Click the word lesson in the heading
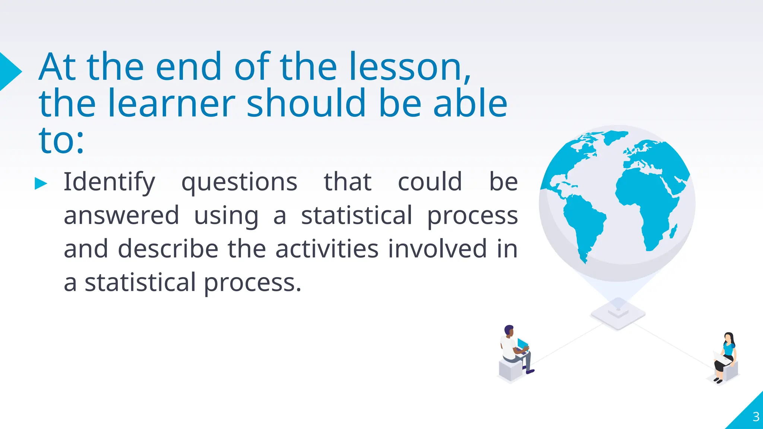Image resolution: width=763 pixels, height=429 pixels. click(410, 67)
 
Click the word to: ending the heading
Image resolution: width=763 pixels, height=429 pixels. click(61, 141)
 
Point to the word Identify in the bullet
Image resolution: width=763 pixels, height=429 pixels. click(109, 182)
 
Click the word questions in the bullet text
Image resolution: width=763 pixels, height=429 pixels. click(239, 182)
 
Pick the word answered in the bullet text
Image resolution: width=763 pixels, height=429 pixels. click(121, 216)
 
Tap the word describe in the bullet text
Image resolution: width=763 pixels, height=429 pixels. click(168, 249)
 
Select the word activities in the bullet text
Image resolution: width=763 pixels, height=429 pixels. click(327, 249)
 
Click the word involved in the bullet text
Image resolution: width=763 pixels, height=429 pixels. click(437, 249)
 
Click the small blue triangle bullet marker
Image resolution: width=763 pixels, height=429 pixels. click(41, 184)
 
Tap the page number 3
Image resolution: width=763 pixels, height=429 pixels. click(756, 417)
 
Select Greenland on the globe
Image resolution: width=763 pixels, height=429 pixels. click(615, 137)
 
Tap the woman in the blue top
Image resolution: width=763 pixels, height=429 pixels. click(727, 356)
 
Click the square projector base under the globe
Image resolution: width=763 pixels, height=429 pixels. click(618, 315)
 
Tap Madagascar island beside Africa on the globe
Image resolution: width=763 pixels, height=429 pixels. click(673, 231)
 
